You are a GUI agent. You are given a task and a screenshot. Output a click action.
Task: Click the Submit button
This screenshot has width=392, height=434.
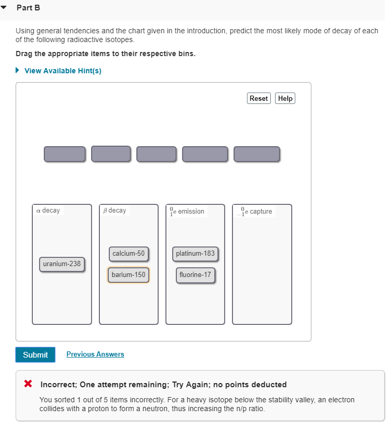35,354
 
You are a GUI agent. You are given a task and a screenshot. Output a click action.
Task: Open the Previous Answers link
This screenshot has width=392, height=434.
95,354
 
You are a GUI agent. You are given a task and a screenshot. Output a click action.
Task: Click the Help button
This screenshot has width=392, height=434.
285,98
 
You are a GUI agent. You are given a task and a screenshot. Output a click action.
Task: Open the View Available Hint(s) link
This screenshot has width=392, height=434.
62,71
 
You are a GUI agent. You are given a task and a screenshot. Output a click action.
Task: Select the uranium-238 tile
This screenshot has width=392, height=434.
62,264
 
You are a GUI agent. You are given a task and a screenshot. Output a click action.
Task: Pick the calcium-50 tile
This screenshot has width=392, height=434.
128,254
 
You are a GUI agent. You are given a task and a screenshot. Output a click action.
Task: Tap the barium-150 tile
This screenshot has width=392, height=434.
128,274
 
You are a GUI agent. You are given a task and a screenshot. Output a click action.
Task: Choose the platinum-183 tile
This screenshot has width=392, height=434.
195,254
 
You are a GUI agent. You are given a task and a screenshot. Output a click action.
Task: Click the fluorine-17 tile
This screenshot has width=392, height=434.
195,274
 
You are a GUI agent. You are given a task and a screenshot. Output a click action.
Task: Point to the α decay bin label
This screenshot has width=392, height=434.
48,211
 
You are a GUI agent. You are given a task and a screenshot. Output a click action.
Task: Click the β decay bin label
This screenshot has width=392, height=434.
115,211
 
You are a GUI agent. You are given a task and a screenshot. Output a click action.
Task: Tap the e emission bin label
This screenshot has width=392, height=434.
187,211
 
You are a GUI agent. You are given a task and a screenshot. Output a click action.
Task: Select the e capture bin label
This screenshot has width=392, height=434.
256,211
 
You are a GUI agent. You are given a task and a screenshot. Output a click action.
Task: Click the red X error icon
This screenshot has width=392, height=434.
29,384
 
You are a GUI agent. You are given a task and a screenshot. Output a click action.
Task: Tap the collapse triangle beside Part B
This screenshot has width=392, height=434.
5,8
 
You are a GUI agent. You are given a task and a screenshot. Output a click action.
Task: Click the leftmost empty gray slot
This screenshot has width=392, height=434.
64,154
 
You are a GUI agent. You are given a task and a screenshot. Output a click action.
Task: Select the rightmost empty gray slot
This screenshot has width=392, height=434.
257,154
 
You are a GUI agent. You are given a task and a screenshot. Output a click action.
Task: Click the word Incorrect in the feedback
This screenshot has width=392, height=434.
58,385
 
